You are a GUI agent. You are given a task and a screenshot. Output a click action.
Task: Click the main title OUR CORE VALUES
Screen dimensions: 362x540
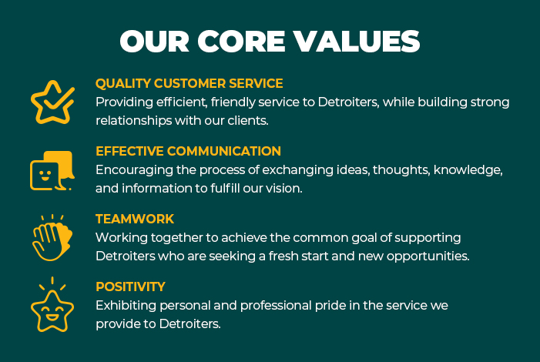(x=270, y=41)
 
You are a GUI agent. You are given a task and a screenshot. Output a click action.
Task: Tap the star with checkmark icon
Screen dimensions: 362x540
(x=52, y=102)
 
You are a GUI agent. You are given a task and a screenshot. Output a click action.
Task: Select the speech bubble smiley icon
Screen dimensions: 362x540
(x=52, y=170)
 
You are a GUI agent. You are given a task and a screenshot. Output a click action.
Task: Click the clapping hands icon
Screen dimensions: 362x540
(x=52, y=237)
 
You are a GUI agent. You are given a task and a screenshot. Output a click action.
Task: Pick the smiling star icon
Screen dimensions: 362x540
(x=52, y=305)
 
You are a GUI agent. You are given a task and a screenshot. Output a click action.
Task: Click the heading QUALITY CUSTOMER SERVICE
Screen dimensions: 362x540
(x=189, y=83)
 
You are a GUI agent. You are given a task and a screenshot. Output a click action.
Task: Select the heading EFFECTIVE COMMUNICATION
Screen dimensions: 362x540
(x=188, y=151)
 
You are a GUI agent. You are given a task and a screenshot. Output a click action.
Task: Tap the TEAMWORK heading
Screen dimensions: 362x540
(x=135, y=219)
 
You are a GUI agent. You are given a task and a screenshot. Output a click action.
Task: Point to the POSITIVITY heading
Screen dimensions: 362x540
(x=130, y=287)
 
